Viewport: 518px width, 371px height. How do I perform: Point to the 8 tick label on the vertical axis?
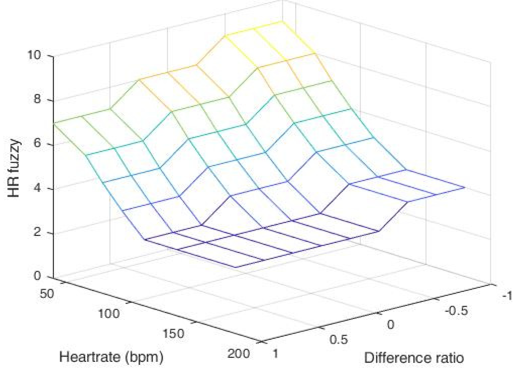[x=37, y=99]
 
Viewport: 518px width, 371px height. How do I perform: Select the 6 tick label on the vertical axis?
[x=37, y=143]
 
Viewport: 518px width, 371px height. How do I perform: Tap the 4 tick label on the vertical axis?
[x=37, y=188]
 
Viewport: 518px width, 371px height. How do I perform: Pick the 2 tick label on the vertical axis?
[x=37, y=232]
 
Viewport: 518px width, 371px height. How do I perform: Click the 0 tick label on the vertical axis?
[x=37, y=276]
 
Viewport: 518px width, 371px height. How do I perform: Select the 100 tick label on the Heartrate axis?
[x=108, y=314]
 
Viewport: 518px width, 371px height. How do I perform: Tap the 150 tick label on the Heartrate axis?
[x=173, y=334]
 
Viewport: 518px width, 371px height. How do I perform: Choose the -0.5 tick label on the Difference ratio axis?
[x=456, y=311]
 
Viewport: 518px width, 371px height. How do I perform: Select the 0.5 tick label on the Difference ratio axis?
[x=339, y=340]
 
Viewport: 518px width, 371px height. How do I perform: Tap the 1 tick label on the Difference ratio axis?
[x=275, y=353]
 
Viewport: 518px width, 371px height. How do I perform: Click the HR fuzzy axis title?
[x=14, y=168]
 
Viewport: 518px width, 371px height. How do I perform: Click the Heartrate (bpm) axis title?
[x=111, y=357]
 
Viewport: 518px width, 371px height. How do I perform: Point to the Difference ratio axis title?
[x=414, y=358]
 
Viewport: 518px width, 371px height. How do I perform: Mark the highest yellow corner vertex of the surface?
[x=282, y=21]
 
